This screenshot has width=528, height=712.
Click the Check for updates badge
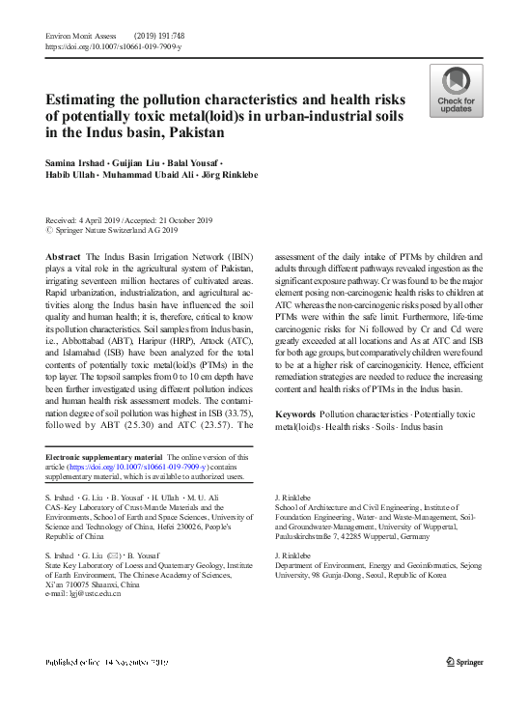click(457, 92)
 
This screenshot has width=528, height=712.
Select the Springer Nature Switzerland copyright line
click(115, 232)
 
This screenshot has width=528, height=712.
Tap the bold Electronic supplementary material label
click(105, 457)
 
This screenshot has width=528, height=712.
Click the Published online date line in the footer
click(106, 662)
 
